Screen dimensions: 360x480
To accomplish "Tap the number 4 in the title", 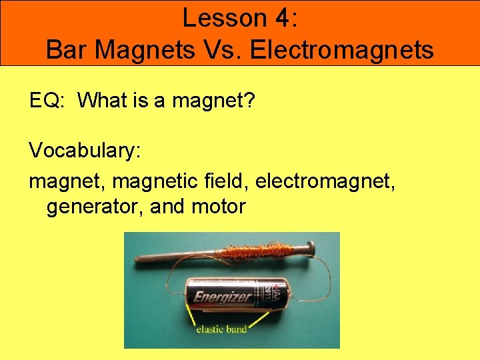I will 277,18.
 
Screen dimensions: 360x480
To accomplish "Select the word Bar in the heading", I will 66,49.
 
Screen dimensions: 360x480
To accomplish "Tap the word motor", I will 218,207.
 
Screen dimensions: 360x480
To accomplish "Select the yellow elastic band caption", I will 221,328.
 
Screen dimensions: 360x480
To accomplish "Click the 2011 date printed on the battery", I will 266,291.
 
